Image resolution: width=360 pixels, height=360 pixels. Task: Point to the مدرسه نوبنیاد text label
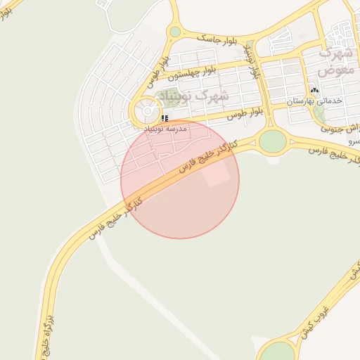tap(166, 129)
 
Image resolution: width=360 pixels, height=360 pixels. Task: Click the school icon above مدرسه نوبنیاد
tap(165, 118)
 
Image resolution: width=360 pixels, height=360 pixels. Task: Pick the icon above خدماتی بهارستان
tap(314, 90)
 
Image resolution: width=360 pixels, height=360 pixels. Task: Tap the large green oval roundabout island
tap(272, 141)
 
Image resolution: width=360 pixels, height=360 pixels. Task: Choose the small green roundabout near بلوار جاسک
tap(175, 32)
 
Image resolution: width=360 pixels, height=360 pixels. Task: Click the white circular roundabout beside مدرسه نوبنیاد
tap(147, 110)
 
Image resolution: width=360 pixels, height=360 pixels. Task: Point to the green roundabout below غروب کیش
tap(278, 352)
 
